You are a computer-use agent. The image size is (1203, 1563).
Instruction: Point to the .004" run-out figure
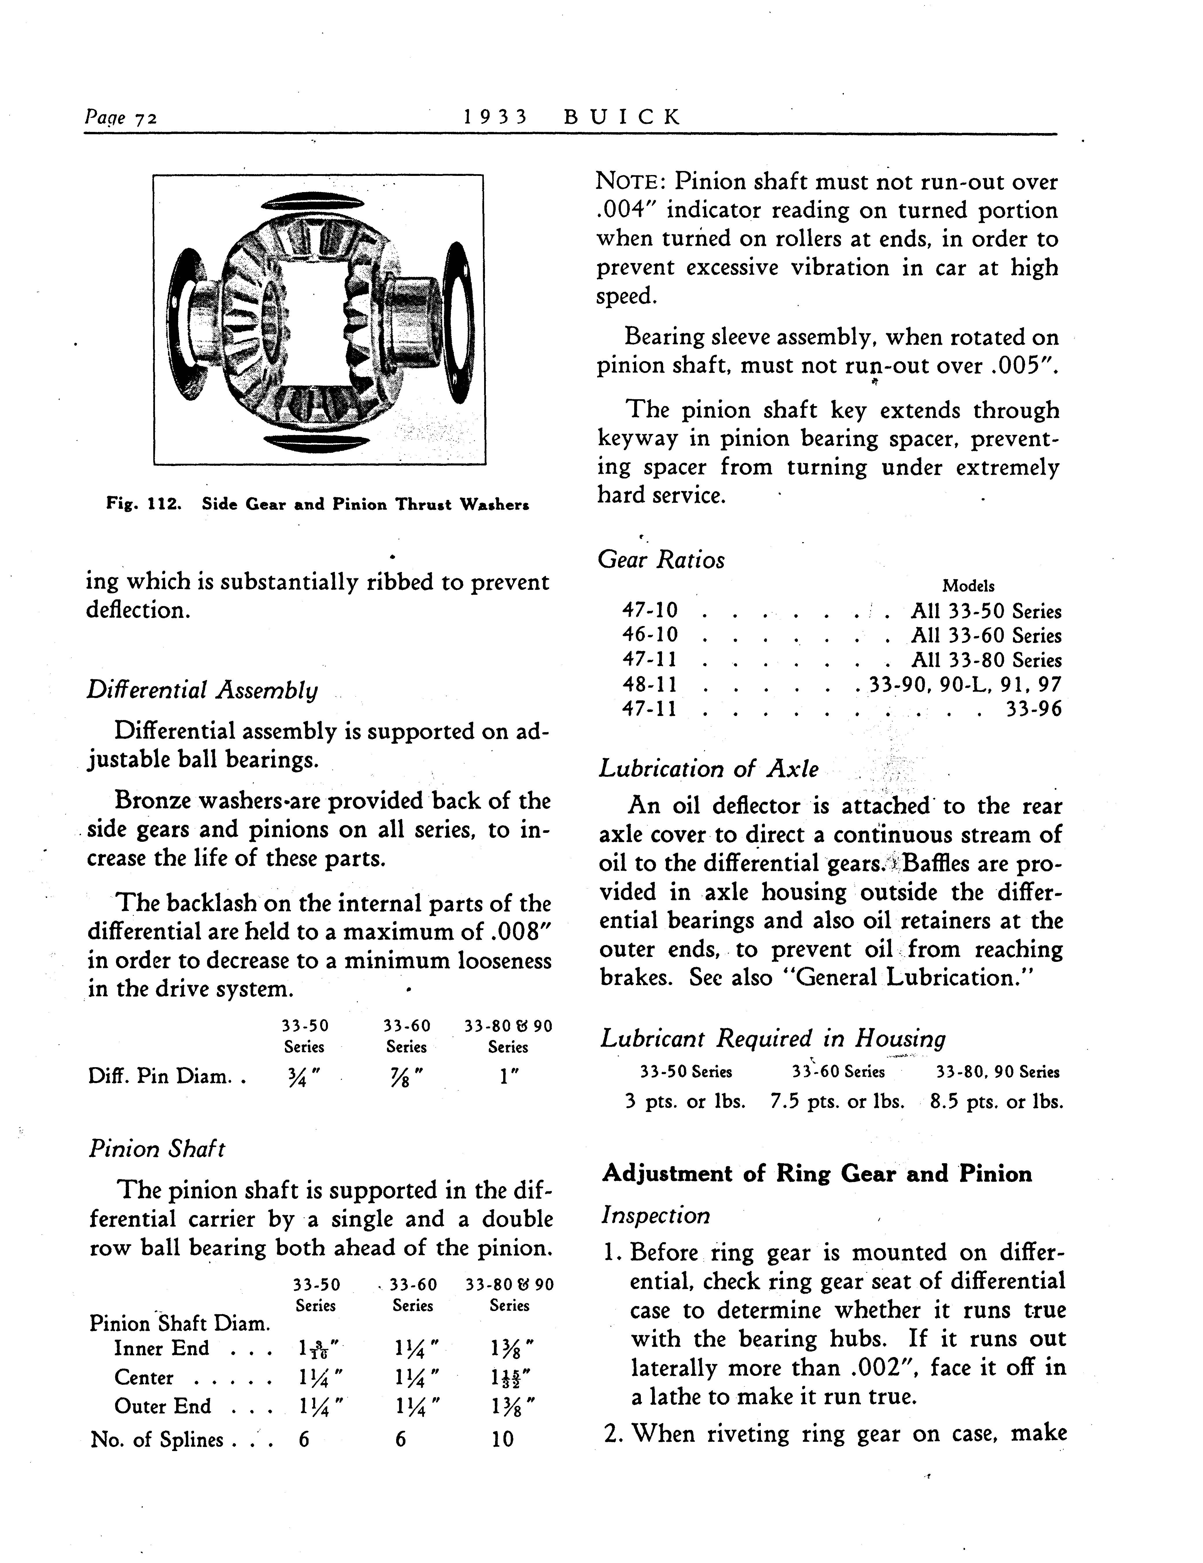[626, 210]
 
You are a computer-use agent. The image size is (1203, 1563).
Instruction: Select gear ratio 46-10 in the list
[650, 635]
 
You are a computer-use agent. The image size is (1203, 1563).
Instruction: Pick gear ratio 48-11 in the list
[650, 684]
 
